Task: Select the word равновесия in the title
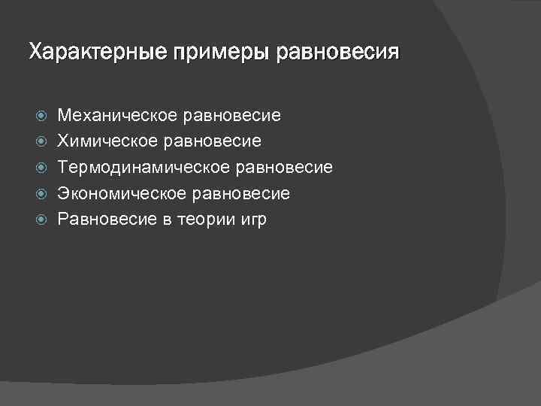(x=338, y=53)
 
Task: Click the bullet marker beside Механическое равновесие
(x=42, y=116)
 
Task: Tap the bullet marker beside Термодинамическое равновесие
(x=42, y=168)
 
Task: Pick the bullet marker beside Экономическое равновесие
(x=42, y=194)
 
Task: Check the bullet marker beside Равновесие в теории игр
(x=42, y=220)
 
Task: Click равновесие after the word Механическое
(x=232, y=116)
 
